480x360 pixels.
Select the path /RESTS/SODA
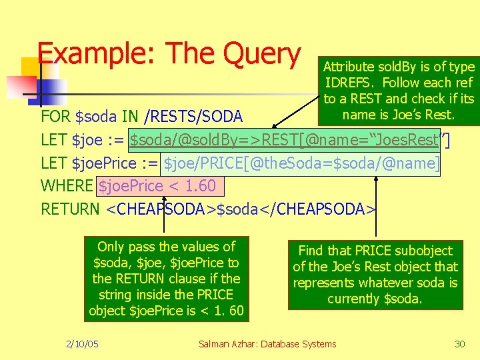(193, 117)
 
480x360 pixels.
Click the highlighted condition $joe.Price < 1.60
(157, 186)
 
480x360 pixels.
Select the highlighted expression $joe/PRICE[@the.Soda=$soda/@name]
(301, 163)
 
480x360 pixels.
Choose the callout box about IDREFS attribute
(399, 91)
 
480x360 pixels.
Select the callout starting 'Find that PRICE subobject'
(375, 275)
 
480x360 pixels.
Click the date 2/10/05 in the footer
(83, 344)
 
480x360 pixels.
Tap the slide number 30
(459, 344)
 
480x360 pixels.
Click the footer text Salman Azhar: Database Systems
(267, 344)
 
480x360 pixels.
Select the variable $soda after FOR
(99, 117)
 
